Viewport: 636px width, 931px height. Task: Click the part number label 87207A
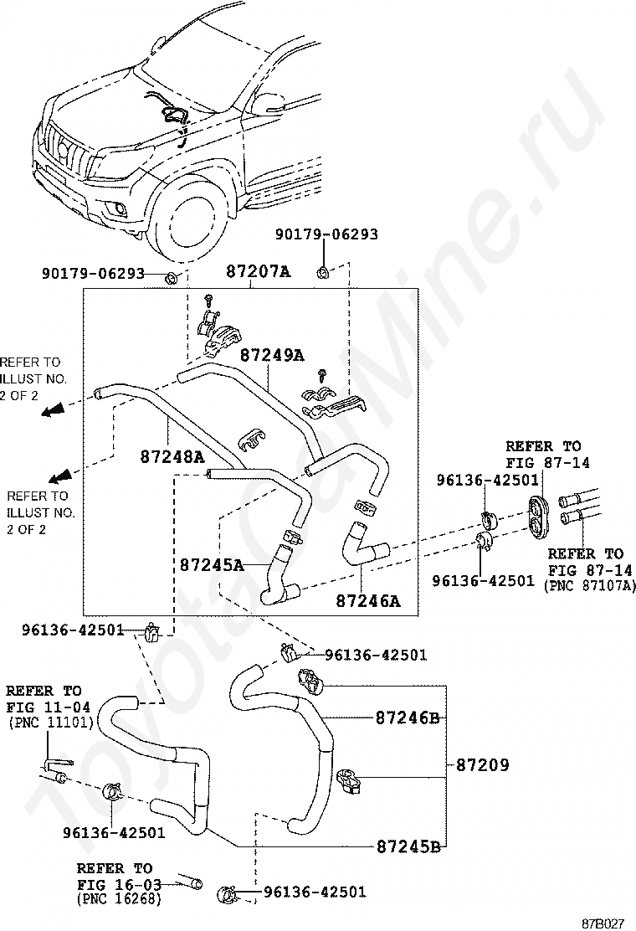click(258, 272)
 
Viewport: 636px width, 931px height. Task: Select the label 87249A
click(272, 355)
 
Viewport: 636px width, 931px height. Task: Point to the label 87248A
click(172, 457)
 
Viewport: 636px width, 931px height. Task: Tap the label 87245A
click(211, 565)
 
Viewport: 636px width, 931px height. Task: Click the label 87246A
click(368, 600)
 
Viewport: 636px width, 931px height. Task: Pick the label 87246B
click(408, 718)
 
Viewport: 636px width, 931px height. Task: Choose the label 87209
click(483, 765)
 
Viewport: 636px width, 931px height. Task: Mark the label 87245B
click(408, 845)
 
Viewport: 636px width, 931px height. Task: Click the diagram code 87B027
click(604, 923)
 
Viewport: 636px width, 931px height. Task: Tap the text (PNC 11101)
click(50, 722)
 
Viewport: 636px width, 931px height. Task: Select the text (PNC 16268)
click(118, 899)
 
